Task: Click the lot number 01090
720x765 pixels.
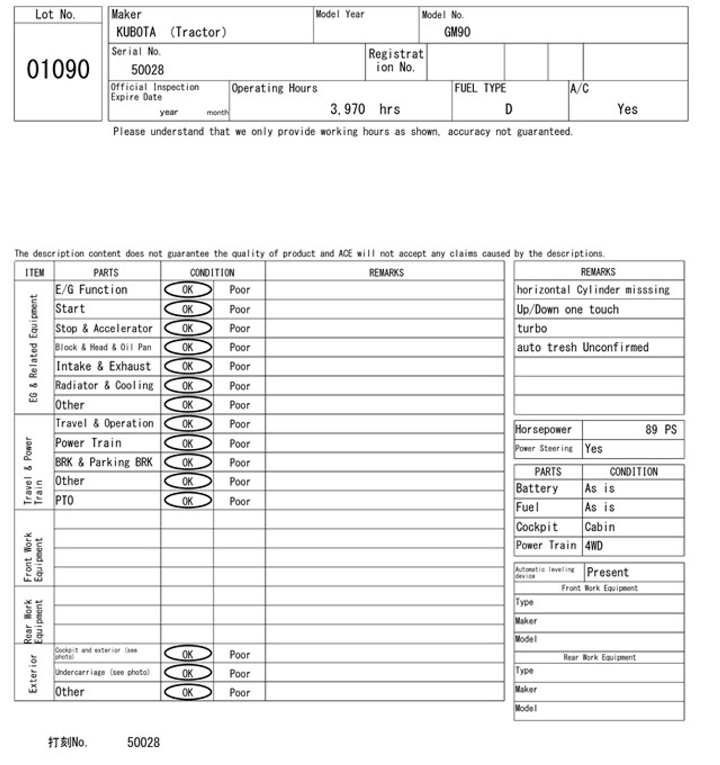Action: [x=58, y=70]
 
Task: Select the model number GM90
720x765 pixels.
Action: [x=457, y=32]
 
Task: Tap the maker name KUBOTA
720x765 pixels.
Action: [x=136, y=32]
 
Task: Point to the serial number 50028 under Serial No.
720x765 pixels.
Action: [x=147, y=70]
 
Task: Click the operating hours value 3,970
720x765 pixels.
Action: [x=348, y=109]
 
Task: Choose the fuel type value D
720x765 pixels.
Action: [x=508, y=109]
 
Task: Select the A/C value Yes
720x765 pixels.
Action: [x=627, y=109]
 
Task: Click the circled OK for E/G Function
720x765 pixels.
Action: [x=188, y=290]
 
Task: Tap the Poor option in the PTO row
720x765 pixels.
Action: [x=240, y=502]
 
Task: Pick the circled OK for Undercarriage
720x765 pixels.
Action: [x=188, y=673]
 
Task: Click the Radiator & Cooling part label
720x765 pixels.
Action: [x=104, y=385]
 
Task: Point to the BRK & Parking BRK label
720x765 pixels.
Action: [x=104, y=462]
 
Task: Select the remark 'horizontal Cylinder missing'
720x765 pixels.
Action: [x=593, y=290]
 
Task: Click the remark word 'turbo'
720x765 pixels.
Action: [x=532, y=328]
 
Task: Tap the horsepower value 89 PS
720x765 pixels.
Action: [x=660, y=430]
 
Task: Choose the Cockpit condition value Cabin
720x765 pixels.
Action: [x=600, y=527]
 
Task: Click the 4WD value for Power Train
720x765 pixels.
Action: [x=594, y=546]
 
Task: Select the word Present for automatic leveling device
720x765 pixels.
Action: [x=607, y=572]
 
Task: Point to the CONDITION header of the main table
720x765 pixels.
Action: [x=212, y=273]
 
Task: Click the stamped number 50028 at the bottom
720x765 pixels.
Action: [x=143, y=742]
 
